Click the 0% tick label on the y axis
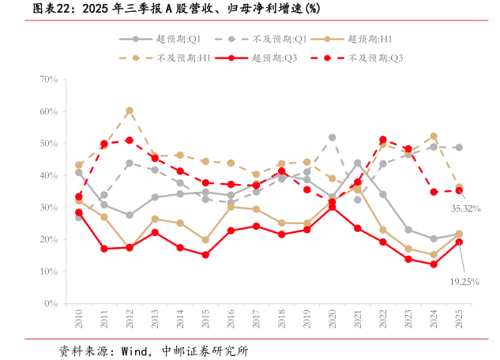point(51,303)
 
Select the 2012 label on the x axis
point(130,321)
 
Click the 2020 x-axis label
point(333,321)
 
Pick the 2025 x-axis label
point(459,321)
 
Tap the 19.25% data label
point(465,282)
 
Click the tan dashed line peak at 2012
point(130,111)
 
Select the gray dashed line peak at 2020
point(332,137)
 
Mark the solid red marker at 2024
point(434,264)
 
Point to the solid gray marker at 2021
point(358,163)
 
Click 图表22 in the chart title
point(30,9)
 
